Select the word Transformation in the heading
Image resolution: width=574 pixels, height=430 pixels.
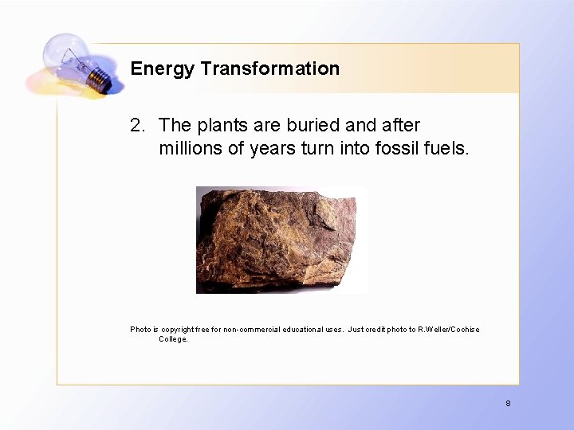(270, 68)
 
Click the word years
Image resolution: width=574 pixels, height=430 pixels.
(272, 148)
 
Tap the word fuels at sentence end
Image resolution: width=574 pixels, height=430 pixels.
(447, 148)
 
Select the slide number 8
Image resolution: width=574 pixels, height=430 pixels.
(508, 404)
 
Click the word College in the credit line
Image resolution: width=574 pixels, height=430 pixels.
(173, 339)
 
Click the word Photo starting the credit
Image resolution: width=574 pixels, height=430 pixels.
(140, 330)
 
